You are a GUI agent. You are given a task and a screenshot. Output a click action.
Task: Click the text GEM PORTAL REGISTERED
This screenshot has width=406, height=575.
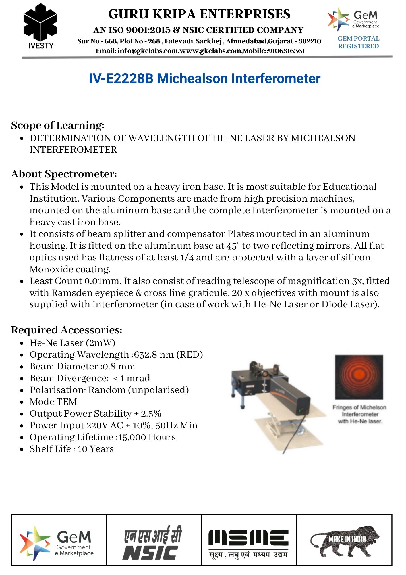pyautogui.click(x=358, y=42)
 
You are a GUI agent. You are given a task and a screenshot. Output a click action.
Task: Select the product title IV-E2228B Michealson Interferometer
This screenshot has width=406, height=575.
pyautogui.click(x=204, y=78)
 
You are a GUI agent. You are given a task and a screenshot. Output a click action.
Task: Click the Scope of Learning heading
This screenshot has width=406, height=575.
pyautogui.click(x=57, y=125)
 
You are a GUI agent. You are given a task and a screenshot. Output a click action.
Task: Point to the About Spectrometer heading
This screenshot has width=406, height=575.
pyautogui.click(x=64, y=174)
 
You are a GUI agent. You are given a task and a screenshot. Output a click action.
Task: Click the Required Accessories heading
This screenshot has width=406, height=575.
pyautogui.click(x=66, y=330)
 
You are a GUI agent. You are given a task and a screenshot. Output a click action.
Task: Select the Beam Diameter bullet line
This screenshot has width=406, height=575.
pyautogui.click(x=82, y=367)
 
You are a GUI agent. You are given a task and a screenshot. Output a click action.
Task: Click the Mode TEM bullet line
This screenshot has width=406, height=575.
pyautogui.click(x=53, y=402)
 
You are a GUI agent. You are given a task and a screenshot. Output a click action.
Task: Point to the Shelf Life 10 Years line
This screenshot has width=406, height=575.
pyautogui.click(x=71, y=449)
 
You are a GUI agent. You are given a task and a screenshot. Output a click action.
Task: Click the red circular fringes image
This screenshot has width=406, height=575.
pyautogui.click(x=359, y=377)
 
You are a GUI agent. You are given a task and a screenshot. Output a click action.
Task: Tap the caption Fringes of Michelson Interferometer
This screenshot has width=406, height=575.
pyautogui.click(x=359, y=414)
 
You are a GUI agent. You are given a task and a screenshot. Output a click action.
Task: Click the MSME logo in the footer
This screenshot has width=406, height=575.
pyautogui.click(x=249, y=543)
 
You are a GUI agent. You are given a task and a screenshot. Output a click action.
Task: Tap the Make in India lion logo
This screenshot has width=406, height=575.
pyautogui.click(x=344, y=541)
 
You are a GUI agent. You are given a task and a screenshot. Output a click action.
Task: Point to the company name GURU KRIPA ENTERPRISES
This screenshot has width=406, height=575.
pyautogui.click(x=199, y=14)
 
